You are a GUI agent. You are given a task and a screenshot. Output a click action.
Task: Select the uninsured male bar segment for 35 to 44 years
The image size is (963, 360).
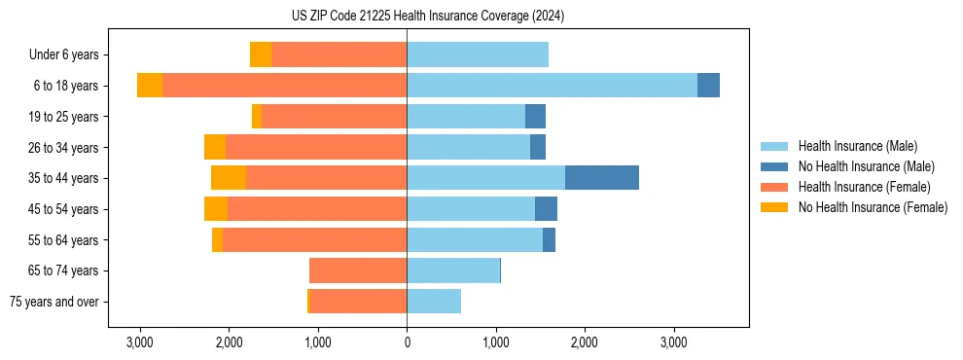601,178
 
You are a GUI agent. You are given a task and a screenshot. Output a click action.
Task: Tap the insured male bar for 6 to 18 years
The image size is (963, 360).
552,86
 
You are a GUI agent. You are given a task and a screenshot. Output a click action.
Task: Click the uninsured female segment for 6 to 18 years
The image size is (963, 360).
150,86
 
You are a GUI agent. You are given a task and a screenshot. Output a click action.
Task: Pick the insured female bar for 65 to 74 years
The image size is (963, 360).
358,270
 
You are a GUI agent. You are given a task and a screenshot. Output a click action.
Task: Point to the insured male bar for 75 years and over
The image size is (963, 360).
434,302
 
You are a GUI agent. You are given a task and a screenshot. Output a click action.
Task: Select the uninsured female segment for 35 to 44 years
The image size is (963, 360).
229,178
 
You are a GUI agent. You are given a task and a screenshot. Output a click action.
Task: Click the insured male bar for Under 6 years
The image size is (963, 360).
478,54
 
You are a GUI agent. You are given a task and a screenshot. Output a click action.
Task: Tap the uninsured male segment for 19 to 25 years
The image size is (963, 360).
535,117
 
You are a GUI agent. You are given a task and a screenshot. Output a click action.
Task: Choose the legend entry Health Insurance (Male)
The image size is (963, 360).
857,146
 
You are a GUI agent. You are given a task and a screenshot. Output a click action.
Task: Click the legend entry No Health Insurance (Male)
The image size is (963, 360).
866,166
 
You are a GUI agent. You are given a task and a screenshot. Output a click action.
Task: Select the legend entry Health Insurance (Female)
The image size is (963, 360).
864,187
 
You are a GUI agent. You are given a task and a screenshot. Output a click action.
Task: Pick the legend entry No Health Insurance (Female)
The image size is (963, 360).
873,207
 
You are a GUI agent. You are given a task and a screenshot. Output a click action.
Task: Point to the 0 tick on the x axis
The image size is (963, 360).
407,343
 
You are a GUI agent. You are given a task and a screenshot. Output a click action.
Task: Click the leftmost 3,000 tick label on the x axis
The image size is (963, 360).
140,343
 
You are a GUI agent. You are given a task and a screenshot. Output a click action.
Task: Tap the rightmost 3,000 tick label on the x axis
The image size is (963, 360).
674,343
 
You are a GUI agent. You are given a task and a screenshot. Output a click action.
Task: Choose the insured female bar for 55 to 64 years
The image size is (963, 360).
314,240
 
